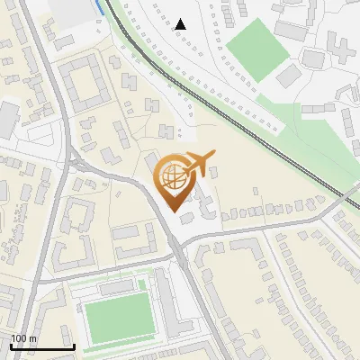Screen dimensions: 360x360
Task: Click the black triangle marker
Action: click(181, 24)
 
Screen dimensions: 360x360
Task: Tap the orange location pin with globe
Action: click(175, 184)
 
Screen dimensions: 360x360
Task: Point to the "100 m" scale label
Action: click(23, 338)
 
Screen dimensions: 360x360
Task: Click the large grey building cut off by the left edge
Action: click(6, 118)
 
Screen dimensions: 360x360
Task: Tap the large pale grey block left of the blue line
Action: click(67, 11)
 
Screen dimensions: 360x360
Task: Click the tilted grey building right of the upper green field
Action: click(287, 76)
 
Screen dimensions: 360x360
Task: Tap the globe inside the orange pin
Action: click(174, 176)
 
